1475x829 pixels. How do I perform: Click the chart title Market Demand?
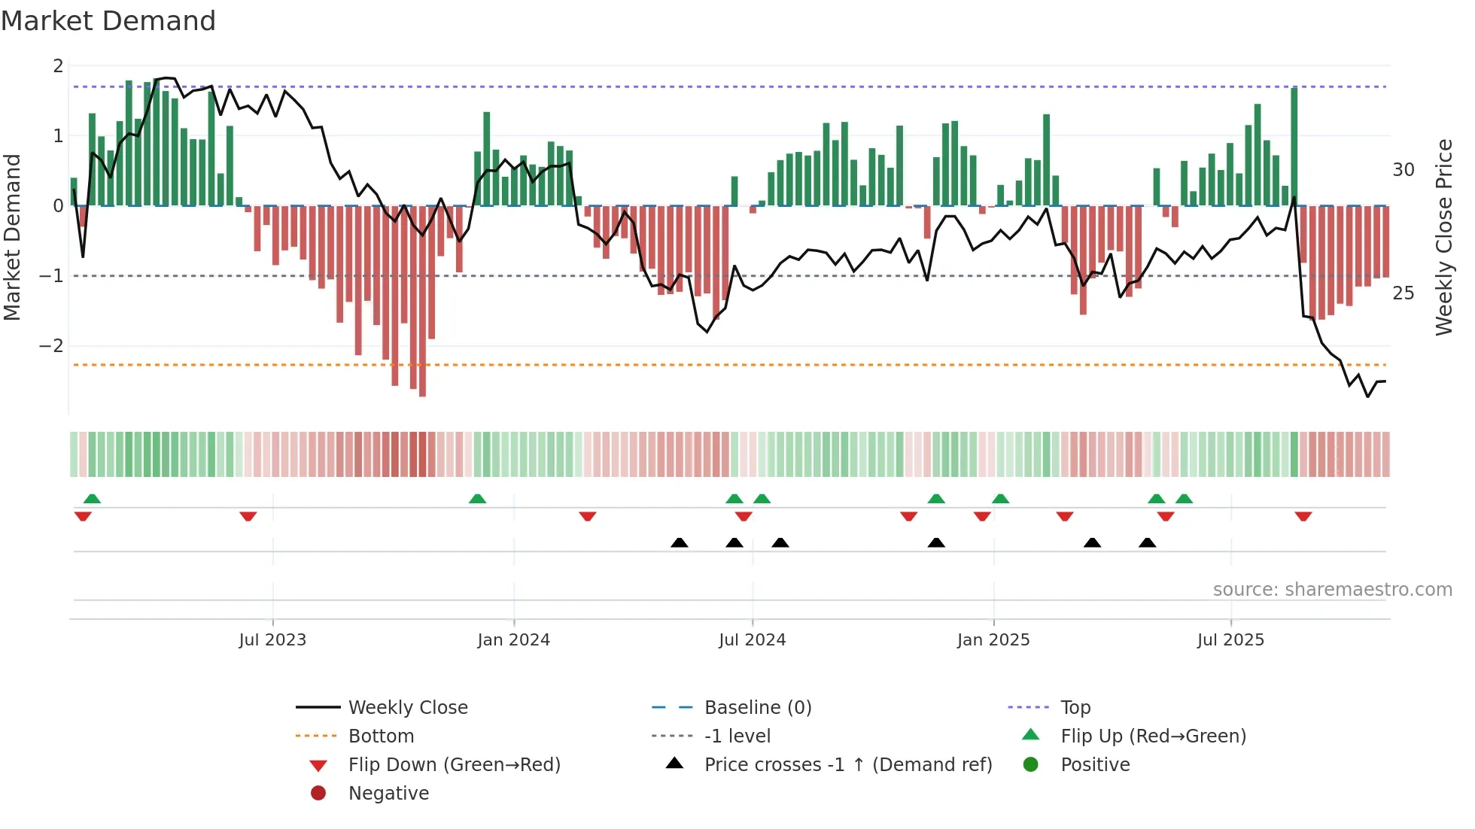tap(108, 21)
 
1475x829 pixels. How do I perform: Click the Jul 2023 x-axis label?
tap(272, 640)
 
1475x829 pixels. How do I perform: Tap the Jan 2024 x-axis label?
tap(513, 640)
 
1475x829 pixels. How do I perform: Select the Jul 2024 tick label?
tap(752, 640)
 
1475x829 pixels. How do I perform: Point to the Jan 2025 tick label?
tap(993, 640)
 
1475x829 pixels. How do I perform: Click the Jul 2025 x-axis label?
tap(1230, 640)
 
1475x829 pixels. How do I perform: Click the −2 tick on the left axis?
tap(51, 346)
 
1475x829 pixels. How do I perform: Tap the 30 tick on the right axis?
tap(1403, 170)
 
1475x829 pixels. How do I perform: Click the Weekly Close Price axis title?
tap(1443, 237)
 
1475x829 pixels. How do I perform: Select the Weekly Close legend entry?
tap(407, 708)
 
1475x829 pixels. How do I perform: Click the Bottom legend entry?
tap(381, 736)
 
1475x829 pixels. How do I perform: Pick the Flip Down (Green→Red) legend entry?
tap(454, 765)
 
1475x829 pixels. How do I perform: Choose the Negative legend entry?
tap(388, 794)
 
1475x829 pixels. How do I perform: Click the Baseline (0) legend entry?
tap(757, 708)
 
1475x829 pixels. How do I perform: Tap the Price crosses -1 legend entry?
tap(847, 765)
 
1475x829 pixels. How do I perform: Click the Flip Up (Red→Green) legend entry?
tap(1153, 736)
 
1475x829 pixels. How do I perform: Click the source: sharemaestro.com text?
tap(1332, 590)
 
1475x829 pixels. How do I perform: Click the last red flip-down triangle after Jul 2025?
tap(1303, 517)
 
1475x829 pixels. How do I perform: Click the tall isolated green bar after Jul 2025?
tap(1294, 147)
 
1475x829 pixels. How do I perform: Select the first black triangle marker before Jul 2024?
tap(679, 543)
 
